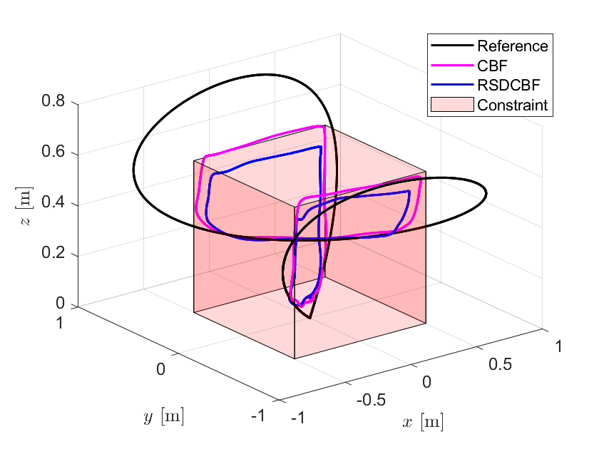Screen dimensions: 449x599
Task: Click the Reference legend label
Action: coord(513,47)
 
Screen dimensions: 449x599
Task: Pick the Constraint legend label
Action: coord(513,105)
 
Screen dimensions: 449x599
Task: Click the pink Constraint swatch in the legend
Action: coord(451,105)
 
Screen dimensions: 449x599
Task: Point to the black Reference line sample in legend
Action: coord(451,47)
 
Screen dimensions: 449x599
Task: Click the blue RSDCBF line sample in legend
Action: coord(451,86)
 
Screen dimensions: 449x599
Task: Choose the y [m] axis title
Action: coord(163,418)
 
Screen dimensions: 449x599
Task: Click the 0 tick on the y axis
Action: coord(160,369)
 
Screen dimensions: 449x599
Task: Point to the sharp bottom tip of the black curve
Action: coord(310,319)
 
